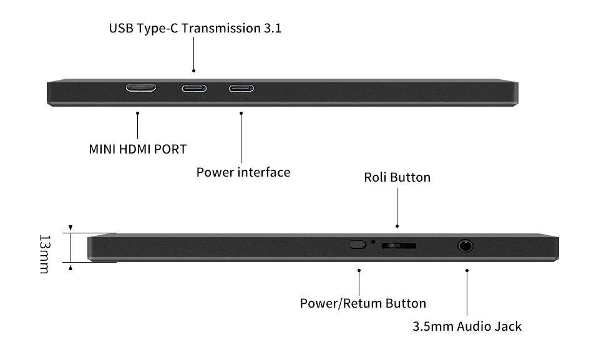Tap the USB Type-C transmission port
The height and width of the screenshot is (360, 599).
click(x=193, y=88)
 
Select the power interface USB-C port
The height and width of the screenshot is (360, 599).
click(x=241, y=88)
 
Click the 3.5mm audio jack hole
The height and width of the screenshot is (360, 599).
click(x=465, y=245)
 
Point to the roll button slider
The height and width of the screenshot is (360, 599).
click(x=399, y=245)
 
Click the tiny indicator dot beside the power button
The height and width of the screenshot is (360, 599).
click(x=374, y=241)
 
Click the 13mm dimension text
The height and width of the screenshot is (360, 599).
click(x=44, y=253)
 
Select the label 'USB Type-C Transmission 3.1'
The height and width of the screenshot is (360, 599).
click(x=195, y=28)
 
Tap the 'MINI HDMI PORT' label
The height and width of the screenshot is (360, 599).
click(x=138, y=149)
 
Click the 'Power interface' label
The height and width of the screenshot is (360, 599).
click(x=243, y=172)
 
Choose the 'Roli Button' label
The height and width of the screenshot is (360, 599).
click(x=397, y=177)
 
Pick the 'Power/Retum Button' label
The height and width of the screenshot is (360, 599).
click(x=363, y=304)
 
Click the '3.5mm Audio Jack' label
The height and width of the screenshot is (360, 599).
click(x=467, y=326)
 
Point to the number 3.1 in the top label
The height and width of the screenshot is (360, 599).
click(x=272, y=28)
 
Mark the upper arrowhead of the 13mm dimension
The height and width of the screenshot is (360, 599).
click(x=71, y=228)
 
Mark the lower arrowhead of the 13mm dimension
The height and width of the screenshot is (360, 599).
click(x=71, y=268)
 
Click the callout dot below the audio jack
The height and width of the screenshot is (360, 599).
click(x=467, y=270)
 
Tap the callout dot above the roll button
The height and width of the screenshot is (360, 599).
click(x=397, y=226)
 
